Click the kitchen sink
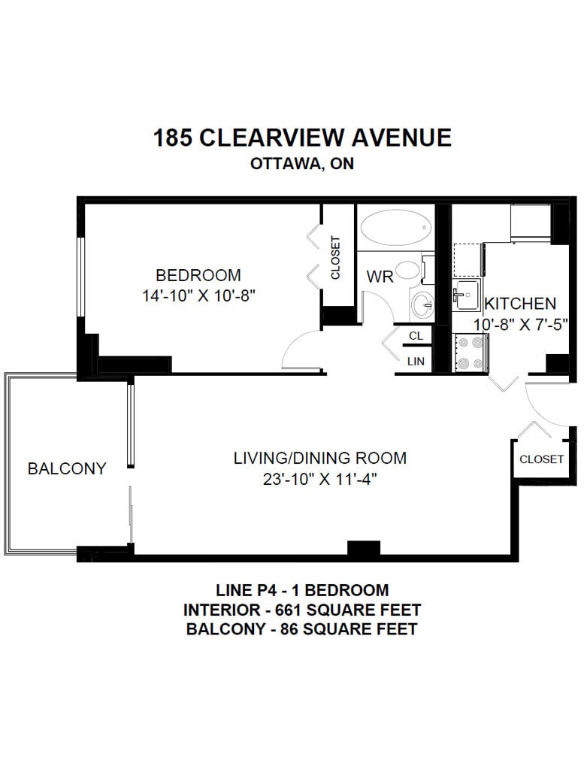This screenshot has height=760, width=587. pos(466,294)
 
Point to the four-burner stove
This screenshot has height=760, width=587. pos(471,353)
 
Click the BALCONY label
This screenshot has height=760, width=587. pos(67,468)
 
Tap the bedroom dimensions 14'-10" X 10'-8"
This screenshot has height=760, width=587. pos(198,295)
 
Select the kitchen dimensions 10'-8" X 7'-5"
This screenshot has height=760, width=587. pos(521,324)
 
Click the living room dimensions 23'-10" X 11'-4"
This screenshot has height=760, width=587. pos(320,479)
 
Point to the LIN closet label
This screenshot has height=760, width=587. pos(416,361)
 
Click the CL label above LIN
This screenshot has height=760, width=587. pos(416,335)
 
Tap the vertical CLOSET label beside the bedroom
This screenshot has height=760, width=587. pos(335,258)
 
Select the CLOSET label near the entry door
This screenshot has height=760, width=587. pos(541,459)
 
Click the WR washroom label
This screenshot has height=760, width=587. pos(380,277)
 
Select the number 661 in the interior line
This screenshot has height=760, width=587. pos(289,609)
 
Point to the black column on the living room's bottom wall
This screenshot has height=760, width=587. pos(364,548)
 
